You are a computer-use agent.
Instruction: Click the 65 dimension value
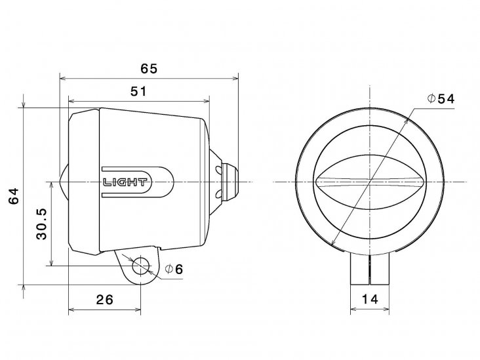pyautogui.click(x=149, y=69)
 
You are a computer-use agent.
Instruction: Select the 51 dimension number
pyautogui.click(x=138, y=91)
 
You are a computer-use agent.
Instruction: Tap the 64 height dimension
pyautogui.click(x=14, y=196)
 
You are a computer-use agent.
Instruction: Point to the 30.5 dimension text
pyautogui.click(x=41, y=224)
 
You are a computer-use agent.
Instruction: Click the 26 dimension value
pyautogui.click(x=105, y=300)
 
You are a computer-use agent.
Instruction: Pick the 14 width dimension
pyautogui.click(x=370, y=299)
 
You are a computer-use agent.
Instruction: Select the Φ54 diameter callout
pyautogui.click(x=441, y=98)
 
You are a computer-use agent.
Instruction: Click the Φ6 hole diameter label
pyautogui.click(x=174, y=269)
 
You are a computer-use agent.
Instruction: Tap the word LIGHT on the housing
pyautogui.click(x=125, y=182)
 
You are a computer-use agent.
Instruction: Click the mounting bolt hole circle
pyautogui.click(x=141, y=266)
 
